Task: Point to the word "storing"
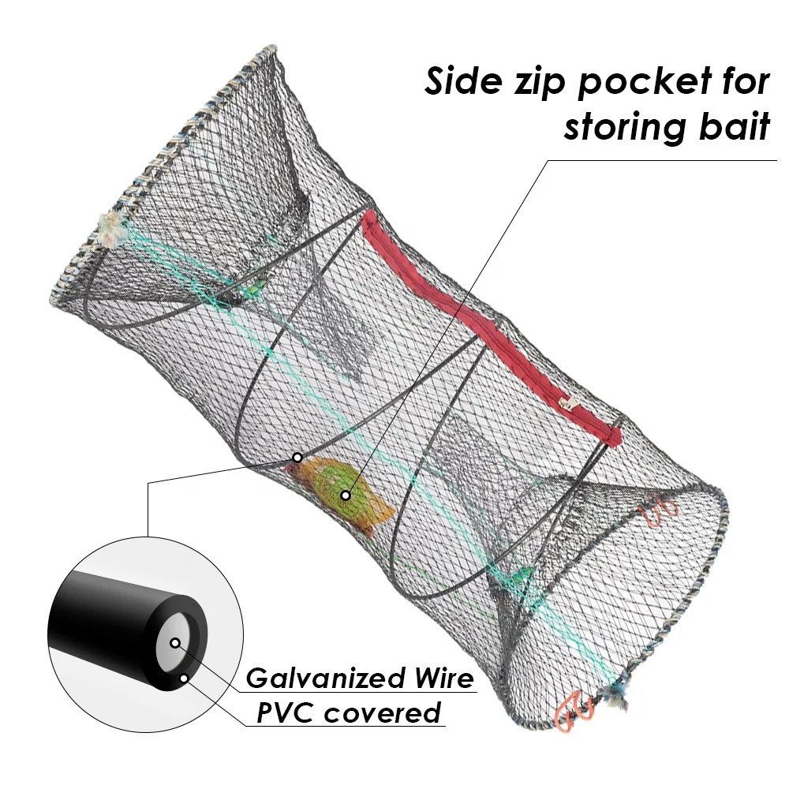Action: point(631,128)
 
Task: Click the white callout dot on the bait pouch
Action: point(345,495)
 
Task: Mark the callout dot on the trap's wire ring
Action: point(297,457)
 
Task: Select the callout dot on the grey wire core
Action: point(174,643)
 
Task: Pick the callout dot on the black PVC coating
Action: point(183,676)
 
